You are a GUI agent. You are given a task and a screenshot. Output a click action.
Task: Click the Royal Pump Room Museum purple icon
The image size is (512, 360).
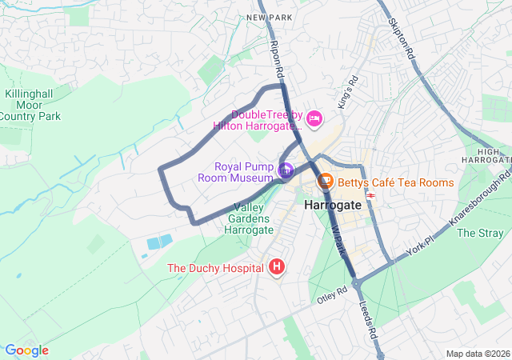286,170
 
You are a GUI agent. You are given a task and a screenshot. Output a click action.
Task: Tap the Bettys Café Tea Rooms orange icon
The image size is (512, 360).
326,182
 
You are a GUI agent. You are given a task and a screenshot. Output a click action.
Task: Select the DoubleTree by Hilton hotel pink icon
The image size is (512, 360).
314,119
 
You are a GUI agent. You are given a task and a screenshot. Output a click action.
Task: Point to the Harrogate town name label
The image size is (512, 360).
333,206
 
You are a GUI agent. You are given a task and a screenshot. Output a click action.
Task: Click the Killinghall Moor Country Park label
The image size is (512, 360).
30,105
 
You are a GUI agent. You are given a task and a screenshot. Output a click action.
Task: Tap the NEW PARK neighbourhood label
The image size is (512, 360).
266,17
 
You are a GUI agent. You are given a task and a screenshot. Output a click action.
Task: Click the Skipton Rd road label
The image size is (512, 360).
401,40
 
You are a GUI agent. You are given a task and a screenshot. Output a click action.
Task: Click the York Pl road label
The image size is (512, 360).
418,247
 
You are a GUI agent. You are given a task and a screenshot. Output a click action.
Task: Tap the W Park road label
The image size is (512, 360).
339,239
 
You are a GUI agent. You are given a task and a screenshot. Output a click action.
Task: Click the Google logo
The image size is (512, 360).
27,350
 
